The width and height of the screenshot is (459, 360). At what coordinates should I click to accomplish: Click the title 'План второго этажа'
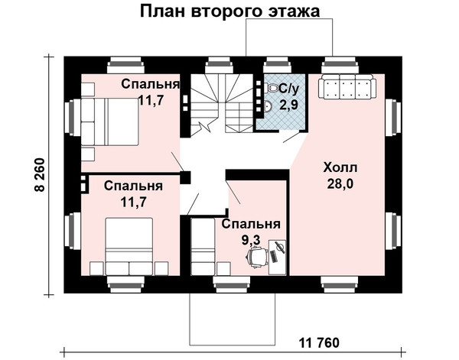point(229,11)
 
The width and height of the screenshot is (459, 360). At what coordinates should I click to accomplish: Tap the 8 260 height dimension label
point(40,175)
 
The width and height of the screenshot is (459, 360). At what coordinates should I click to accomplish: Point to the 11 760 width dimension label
point(319,342)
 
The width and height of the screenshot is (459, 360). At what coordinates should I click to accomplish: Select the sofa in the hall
point(347,86)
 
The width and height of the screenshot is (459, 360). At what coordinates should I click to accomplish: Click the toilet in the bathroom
point(272,88)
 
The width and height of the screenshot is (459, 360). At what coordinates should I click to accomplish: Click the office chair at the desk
point(257,257)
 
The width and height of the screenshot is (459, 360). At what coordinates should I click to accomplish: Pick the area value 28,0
point(340,184)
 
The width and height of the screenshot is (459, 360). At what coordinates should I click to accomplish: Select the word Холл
point(340,168)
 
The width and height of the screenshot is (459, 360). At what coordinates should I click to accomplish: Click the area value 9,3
point(251,240)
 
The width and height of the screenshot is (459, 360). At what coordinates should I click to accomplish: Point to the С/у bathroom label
point(289,89)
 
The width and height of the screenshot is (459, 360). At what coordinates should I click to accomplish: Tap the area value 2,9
point(288,105)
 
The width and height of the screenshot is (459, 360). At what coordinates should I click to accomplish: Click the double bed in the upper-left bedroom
point(109,122)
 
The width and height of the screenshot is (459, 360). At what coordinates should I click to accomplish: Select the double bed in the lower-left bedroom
point(129,246)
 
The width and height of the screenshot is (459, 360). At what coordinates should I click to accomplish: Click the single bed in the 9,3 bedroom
point(203,246)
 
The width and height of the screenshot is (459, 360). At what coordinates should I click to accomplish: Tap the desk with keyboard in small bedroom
point(277,258)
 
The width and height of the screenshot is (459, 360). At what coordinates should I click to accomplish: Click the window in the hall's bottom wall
point(340,284)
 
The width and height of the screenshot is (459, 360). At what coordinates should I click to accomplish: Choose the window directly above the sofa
point(340,65)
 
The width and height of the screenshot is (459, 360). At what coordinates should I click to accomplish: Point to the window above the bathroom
point(277,65)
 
